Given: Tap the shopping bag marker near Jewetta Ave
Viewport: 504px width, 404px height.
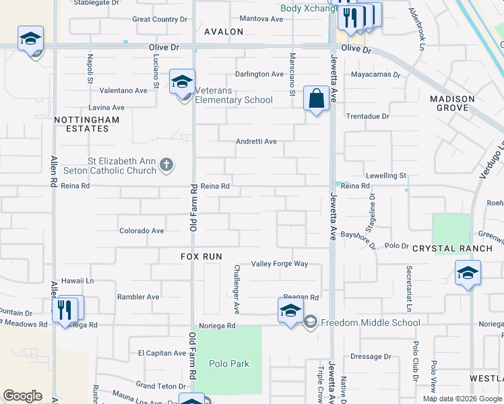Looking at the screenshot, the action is (x=316, y=99).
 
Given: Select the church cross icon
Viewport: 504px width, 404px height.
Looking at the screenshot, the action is (x=167, y=164).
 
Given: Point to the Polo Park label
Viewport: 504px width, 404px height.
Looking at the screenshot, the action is (x=229, y=364).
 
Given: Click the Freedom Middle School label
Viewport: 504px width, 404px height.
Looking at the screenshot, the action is (x=370, y=323).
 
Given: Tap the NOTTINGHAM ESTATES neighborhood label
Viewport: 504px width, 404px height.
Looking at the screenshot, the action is (x=88, y=124).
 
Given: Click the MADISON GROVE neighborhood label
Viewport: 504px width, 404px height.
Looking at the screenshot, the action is (x=452, y=103).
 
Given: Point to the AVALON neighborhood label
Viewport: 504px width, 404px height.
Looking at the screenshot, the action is (x=224, y=32).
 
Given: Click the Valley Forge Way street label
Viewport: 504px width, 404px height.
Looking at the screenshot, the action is (x=280, y=264).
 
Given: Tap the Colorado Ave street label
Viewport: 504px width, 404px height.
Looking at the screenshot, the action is (x=141, y=231).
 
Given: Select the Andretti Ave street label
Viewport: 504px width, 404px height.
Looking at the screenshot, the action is (x=256, y=141).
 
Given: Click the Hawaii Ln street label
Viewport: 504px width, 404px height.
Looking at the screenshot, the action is (x=76, y=280).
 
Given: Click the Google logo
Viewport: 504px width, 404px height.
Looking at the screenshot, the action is (x=22, y=396).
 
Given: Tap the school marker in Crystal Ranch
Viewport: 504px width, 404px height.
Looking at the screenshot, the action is (x=468, y=275).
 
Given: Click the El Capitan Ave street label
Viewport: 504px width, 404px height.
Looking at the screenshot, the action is (x=162, y=353).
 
